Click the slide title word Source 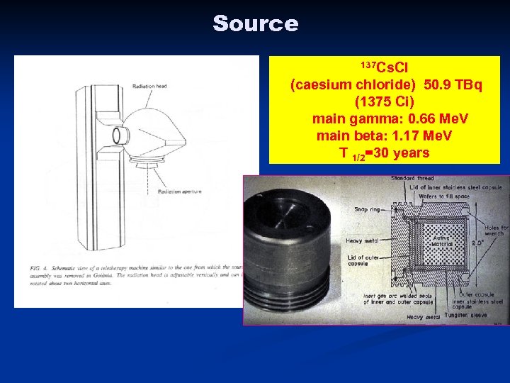coord(255,23)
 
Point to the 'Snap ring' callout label coord(367,209)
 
